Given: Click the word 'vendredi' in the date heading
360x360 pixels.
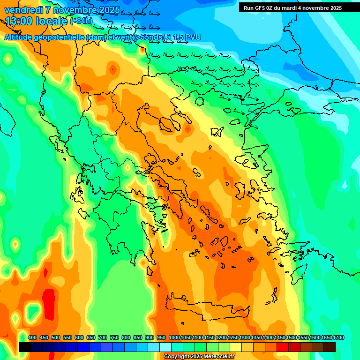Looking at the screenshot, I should click(x=23, y=10).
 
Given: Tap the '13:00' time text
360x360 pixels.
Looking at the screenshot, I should click(x=18, y=21).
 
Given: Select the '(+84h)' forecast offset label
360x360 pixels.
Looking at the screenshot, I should click(x=81, y=21).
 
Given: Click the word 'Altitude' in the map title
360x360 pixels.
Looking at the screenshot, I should click(x=21, y=37).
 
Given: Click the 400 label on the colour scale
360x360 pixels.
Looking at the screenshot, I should click(x=32, y=338).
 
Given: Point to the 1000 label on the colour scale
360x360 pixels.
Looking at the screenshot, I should click(x=174, y=338).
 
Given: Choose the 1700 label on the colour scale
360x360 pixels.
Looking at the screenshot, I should click(x=338, y=338).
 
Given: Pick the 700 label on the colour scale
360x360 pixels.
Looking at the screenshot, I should click(x=103, y=338).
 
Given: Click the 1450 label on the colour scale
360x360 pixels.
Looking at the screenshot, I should click(x=279, y=338).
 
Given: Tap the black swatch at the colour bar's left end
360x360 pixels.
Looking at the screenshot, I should click(x=25, y=347).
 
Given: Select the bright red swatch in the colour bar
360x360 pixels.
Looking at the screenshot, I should click(x=283, y=347).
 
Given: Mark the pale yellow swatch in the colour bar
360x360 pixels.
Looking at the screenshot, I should click(x=236, y=347).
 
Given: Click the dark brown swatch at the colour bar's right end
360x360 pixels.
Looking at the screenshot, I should click(x=330, y=347).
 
